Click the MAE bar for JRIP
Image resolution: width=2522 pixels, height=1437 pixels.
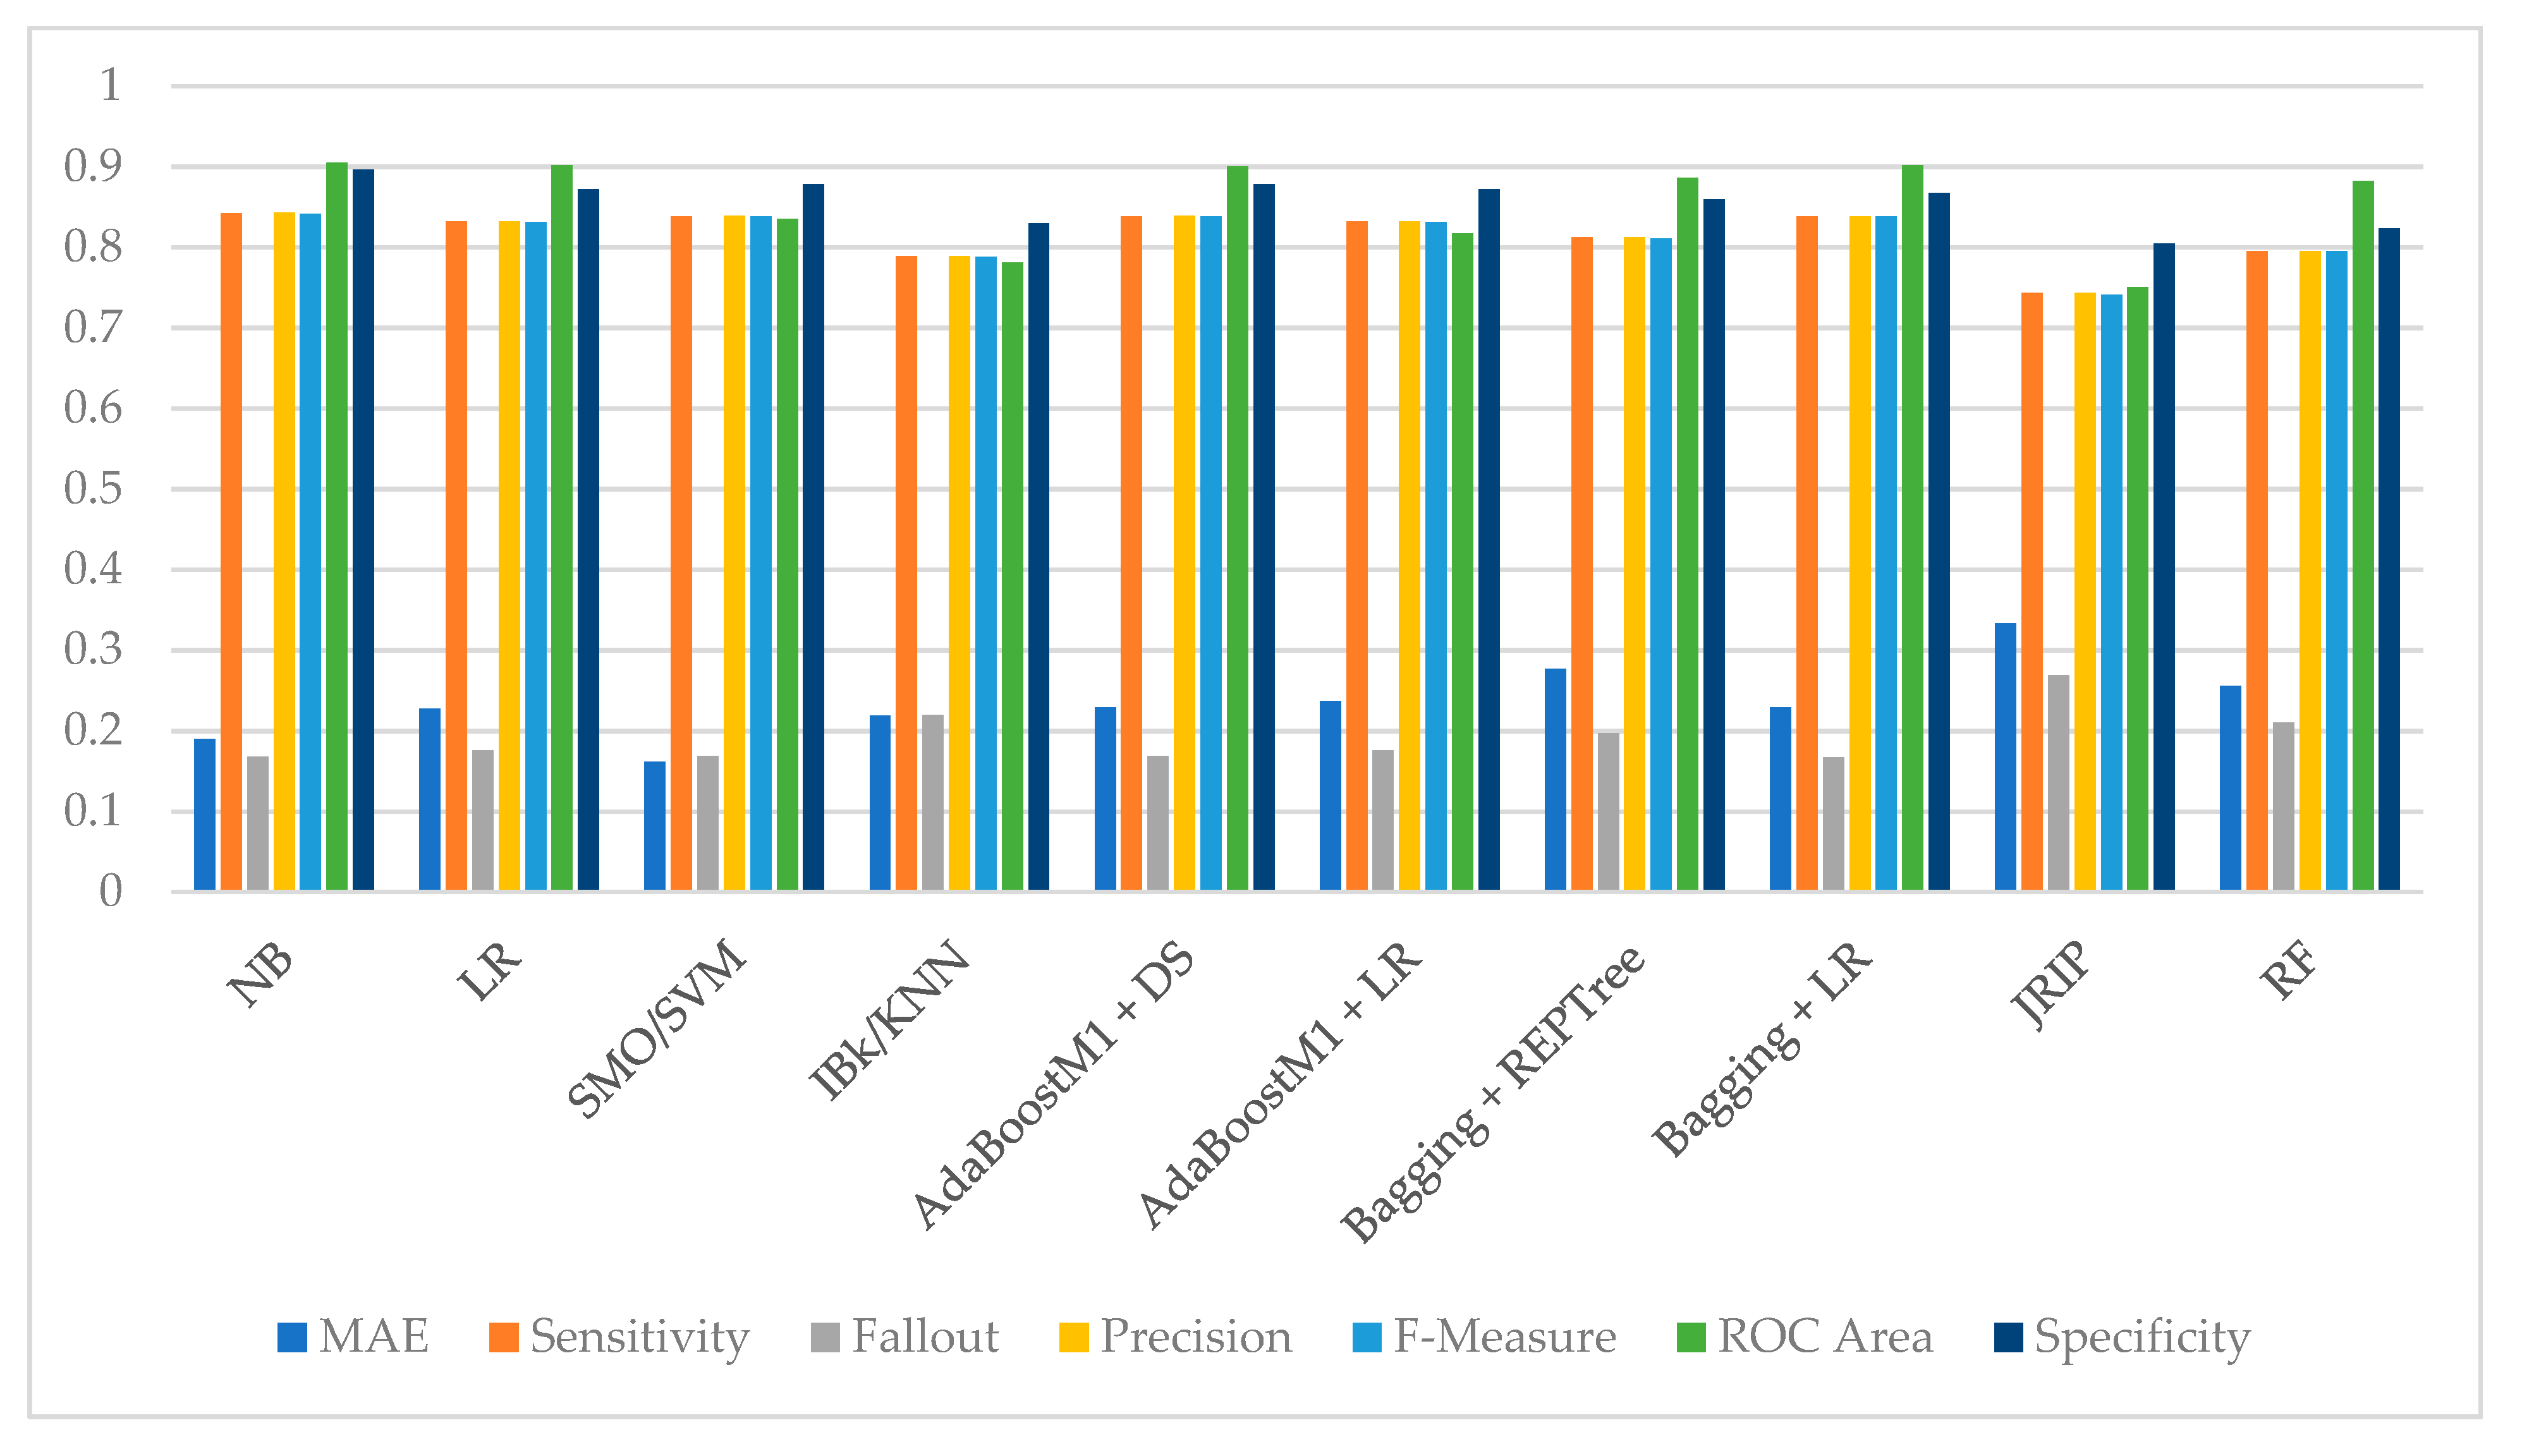[2005, 757]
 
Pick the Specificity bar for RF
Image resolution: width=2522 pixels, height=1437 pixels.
[2389, 560]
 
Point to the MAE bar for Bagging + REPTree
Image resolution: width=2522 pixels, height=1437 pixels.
[1555, 780]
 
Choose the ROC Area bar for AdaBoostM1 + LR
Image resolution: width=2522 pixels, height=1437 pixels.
[1462, 562]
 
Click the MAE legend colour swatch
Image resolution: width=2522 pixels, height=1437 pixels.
[292, 1337]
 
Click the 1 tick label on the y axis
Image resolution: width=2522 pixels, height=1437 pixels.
[109, 86]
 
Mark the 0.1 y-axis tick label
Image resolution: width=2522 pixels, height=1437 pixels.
[93, 811]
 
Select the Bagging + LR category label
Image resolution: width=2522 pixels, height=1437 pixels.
[1762, 1048]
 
